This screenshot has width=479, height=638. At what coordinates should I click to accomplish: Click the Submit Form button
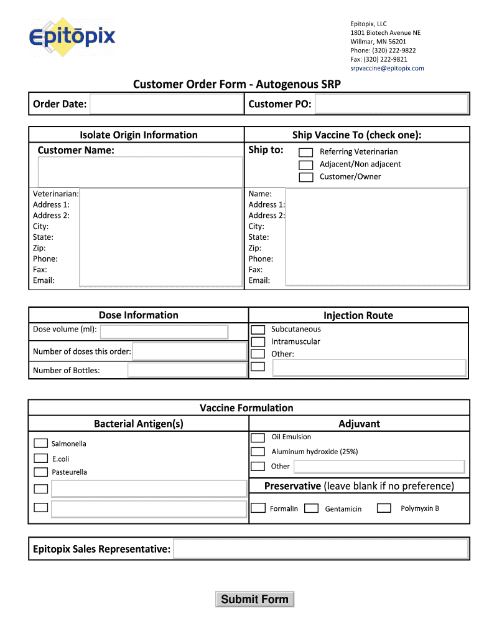(x=254, y=599)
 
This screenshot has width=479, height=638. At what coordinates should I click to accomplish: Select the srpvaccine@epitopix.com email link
(x=386, y=69)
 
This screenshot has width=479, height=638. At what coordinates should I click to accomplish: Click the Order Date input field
(x=166, y=104)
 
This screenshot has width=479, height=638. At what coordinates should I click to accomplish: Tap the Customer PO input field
(x=391, y=104)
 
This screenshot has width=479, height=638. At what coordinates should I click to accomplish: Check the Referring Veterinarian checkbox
(x=305, y=152)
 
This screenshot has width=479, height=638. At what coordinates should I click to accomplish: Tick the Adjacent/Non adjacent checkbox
(x=305, y=164)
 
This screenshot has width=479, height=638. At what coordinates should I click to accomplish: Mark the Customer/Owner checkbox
(x=305, y=177)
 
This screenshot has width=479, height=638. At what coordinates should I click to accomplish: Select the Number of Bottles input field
(x=187, y=370)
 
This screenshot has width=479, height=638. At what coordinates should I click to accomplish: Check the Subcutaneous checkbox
(x=258, y=330)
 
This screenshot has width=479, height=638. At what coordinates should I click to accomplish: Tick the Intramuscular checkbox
(x=258, y=342)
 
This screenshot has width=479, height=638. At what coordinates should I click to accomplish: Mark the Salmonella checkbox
(x=40, y=443)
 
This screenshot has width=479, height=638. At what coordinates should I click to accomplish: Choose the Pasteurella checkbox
(x=40, y=472)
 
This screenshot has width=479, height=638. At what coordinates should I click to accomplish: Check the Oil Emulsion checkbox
(x=258, y=437)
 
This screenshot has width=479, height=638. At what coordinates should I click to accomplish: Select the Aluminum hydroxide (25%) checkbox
(x=258, y=452)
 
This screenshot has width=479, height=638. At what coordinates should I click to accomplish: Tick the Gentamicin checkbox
(x=312, y=508)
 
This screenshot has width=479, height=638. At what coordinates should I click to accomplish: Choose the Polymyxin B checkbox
(x=384, y=508)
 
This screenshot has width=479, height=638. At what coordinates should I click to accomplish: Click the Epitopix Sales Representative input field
(x=320, y=549)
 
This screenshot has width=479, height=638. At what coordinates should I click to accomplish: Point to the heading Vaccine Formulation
(x=246, y=408)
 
